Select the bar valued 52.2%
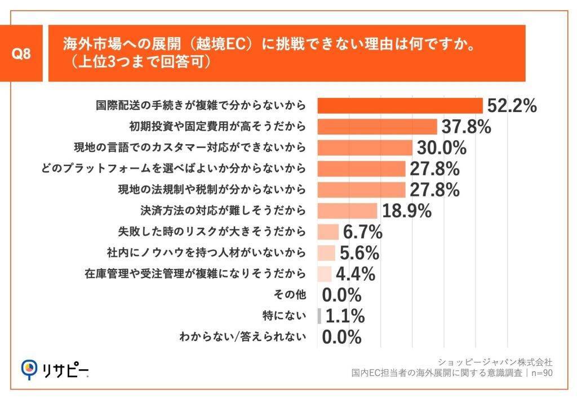[x=400, y=106]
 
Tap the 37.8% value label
[x=466, y=127]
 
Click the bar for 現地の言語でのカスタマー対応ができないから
[x=365, y=147]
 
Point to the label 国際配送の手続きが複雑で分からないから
[x=201, y=106]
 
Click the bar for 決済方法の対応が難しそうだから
[x=347, y=210]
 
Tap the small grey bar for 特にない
[x=319, y=316]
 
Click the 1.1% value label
[x=345, y=316]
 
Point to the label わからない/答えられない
[x=243, y=337]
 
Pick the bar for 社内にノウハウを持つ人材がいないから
[x=326, y=253]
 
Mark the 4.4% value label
[x=356, y=274]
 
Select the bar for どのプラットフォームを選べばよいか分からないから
[x=361, y=168]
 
